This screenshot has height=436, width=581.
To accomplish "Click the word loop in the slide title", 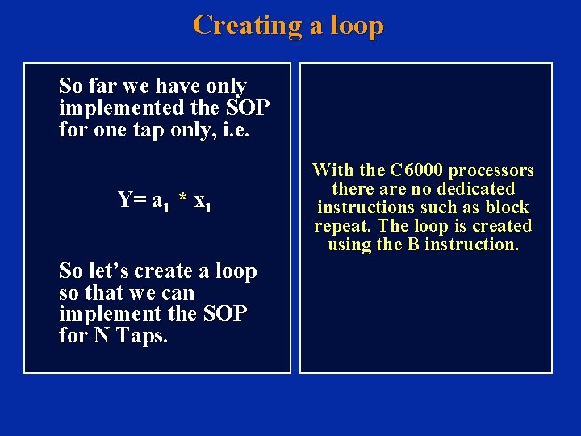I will (x=356, y=26).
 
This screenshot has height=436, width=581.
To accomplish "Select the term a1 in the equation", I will (x=159, y=201).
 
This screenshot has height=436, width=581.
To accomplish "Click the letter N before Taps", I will (x=101, y=335).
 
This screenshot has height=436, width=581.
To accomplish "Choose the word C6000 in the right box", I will (x=416, y=170).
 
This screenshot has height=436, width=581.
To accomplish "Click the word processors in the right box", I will (x=491, y=170).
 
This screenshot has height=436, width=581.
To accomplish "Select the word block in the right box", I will (x=506, y=208).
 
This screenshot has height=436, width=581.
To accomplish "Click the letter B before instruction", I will (x=413, y=245).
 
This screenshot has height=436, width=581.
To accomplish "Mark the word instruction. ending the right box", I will (x=471, y=245).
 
